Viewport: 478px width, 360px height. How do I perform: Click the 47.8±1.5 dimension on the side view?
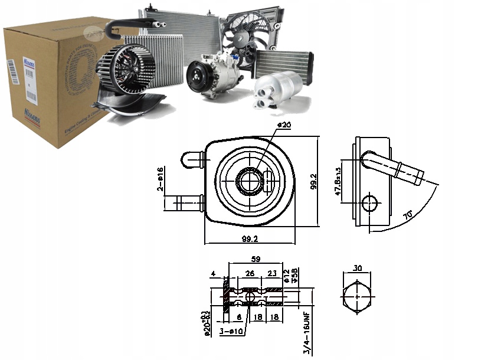[338, 176]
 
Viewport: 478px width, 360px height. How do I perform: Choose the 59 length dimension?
[256, 258]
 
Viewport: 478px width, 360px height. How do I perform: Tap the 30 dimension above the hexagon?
[357, 267]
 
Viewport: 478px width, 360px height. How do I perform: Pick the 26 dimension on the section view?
[250, 273]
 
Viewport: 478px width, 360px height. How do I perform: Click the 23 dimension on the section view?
[273, 273]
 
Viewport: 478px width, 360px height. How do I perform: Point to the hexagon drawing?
[356, 297]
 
